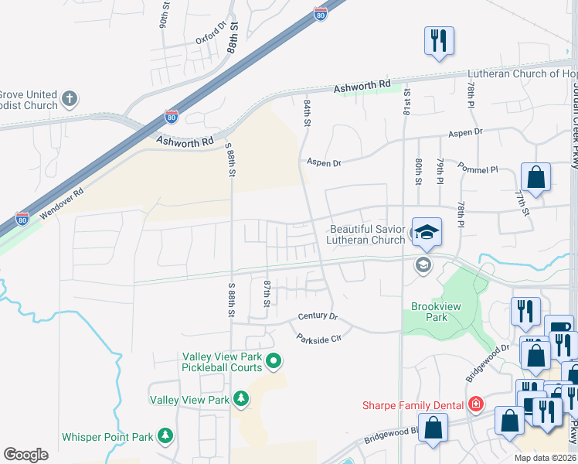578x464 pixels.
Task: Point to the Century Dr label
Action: tap(318, 317)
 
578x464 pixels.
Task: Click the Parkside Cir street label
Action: tap(318, 337)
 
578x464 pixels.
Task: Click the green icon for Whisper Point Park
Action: tap(165, 436)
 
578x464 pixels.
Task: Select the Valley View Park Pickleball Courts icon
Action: tap(274, 360)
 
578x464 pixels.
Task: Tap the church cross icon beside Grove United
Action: tap(70, 99)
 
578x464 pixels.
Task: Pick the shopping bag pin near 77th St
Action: tap(535, 177)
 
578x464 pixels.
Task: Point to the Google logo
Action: tap(25, 455)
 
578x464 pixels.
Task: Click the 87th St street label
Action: tap(267, 292)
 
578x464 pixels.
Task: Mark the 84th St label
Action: tap(308, 113)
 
